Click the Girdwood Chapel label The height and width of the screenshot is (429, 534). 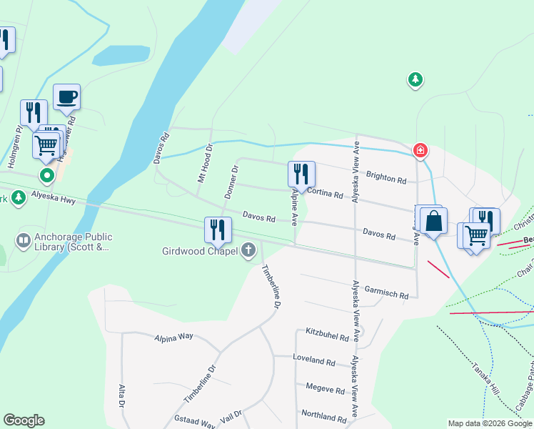(203, 250)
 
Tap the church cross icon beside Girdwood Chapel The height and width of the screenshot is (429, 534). (248, 250)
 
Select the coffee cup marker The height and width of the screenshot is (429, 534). (66, 97)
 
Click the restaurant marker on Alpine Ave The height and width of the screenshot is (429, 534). (301, 174)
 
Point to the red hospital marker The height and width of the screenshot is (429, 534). (421, 150)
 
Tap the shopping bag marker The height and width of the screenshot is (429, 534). (433, 222)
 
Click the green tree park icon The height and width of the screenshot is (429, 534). (415, 79)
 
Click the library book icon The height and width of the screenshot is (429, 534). (23, 240)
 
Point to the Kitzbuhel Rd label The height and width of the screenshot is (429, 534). (327, 335)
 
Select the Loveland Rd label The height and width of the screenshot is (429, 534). (314, 363)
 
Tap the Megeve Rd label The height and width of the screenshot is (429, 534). (325, 391)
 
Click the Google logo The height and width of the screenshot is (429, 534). (24, 420)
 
